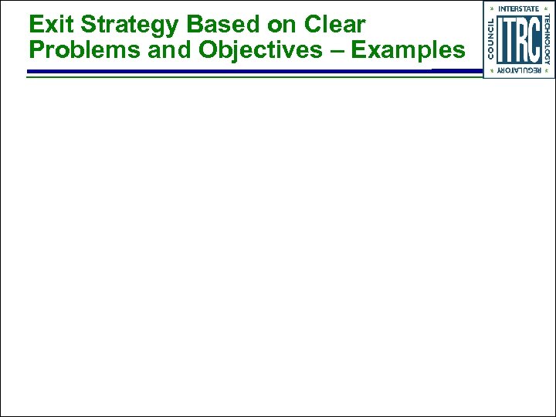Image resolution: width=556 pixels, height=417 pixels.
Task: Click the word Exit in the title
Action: (46, 25)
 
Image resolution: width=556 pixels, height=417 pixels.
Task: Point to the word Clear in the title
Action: (334, 25)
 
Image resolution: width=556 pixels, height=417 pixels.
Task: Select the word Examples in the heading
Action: (409, 50)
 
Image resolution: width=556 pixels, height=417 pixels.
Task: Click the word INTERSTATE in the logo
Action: (519, 8)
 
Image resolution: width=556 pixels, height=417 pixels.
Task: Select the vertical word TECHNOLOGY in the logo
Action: (548, 39)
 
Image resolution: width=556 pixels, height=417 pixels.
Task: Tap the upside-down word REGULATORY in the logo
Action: (519, 71)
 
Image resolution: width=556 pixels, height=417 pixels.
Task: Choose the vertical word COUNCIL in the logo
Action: (491, 39)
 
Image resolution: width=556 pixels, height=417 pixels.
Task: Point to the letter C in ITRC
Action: (534, 39)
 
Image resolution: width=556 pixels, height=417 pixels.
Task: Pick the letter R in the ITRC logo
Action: (522, 39)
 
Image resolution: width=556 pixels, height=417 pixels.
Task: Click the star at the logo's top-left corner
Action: (491, 8)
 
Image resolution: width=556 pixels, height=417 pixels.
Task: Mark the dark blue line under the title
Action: (232, 71)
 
